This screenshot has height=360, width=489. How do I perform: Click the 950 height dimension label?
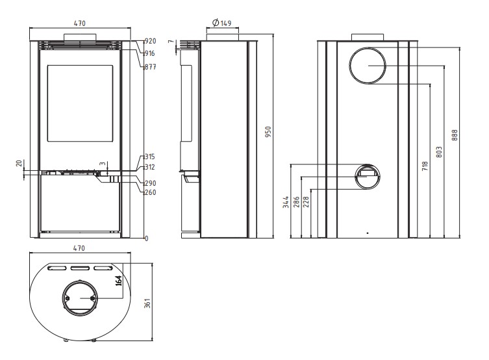pyautogui.click(x=268, y=132)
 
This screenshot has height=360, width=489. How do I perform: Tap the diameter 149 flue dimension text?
pyautogui.click(x=221, y=23)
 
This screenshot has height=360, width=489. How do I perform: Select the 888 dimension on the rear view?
pyautogui.click(x=455, y=135)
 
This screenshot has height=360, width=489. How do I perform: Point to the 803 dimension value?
pyautogui.click(x=439, y=152)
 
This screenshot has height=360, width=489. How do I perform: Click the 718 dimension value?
pyautogui.click(x=425, y=166)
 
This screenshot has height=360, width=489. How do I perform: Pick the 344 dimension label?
pyautogui.click(x=286, y=202)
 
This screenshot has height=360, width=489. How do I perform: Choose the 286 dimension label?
pyautogui.click(x=296, y=202)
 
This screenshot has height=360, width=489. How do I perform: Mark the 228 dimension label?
pyautogui.click(x=307, y=202)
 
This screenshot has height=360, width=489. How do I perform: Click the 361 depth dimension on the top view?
pyautogui.click(x=147, y=303)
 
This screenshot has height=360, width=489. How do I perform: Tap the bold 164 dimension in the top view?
pyautogui.click(x=118, y=281)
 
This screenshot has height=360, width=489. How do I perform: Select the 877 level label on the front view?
pyautogui.click(x=150, y=67)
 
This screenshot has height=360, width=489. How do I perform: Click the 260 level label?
pyautogui.click(x=150, y=192)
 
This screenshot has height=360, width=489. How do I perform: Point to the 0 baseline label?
pyautogui.click(x=147, y=238)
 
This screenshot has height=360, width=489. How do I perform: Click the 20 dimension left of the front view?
pyautogui.click(x=19, y=163)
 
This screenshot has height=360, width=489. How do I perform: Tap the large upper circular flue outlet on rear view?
pyautogui.click(x=368, y=66)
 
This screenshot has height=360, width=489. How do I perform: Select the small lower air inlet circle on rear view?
pyautogui.click(x=368, y=177)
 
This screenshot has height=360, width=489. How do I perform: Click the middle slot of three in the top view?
pyautogui.click(x=80, y=268)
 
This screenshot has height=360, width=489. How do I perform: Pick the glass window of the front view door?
pyautogui.click(x=80, y=103)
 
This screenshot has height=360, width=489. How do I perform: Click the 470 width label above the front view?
pyautogui.click(x=79, y=23)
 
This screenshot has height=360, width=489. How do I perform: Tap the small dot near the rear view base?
pyautogui.click(x=368, y=233)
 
